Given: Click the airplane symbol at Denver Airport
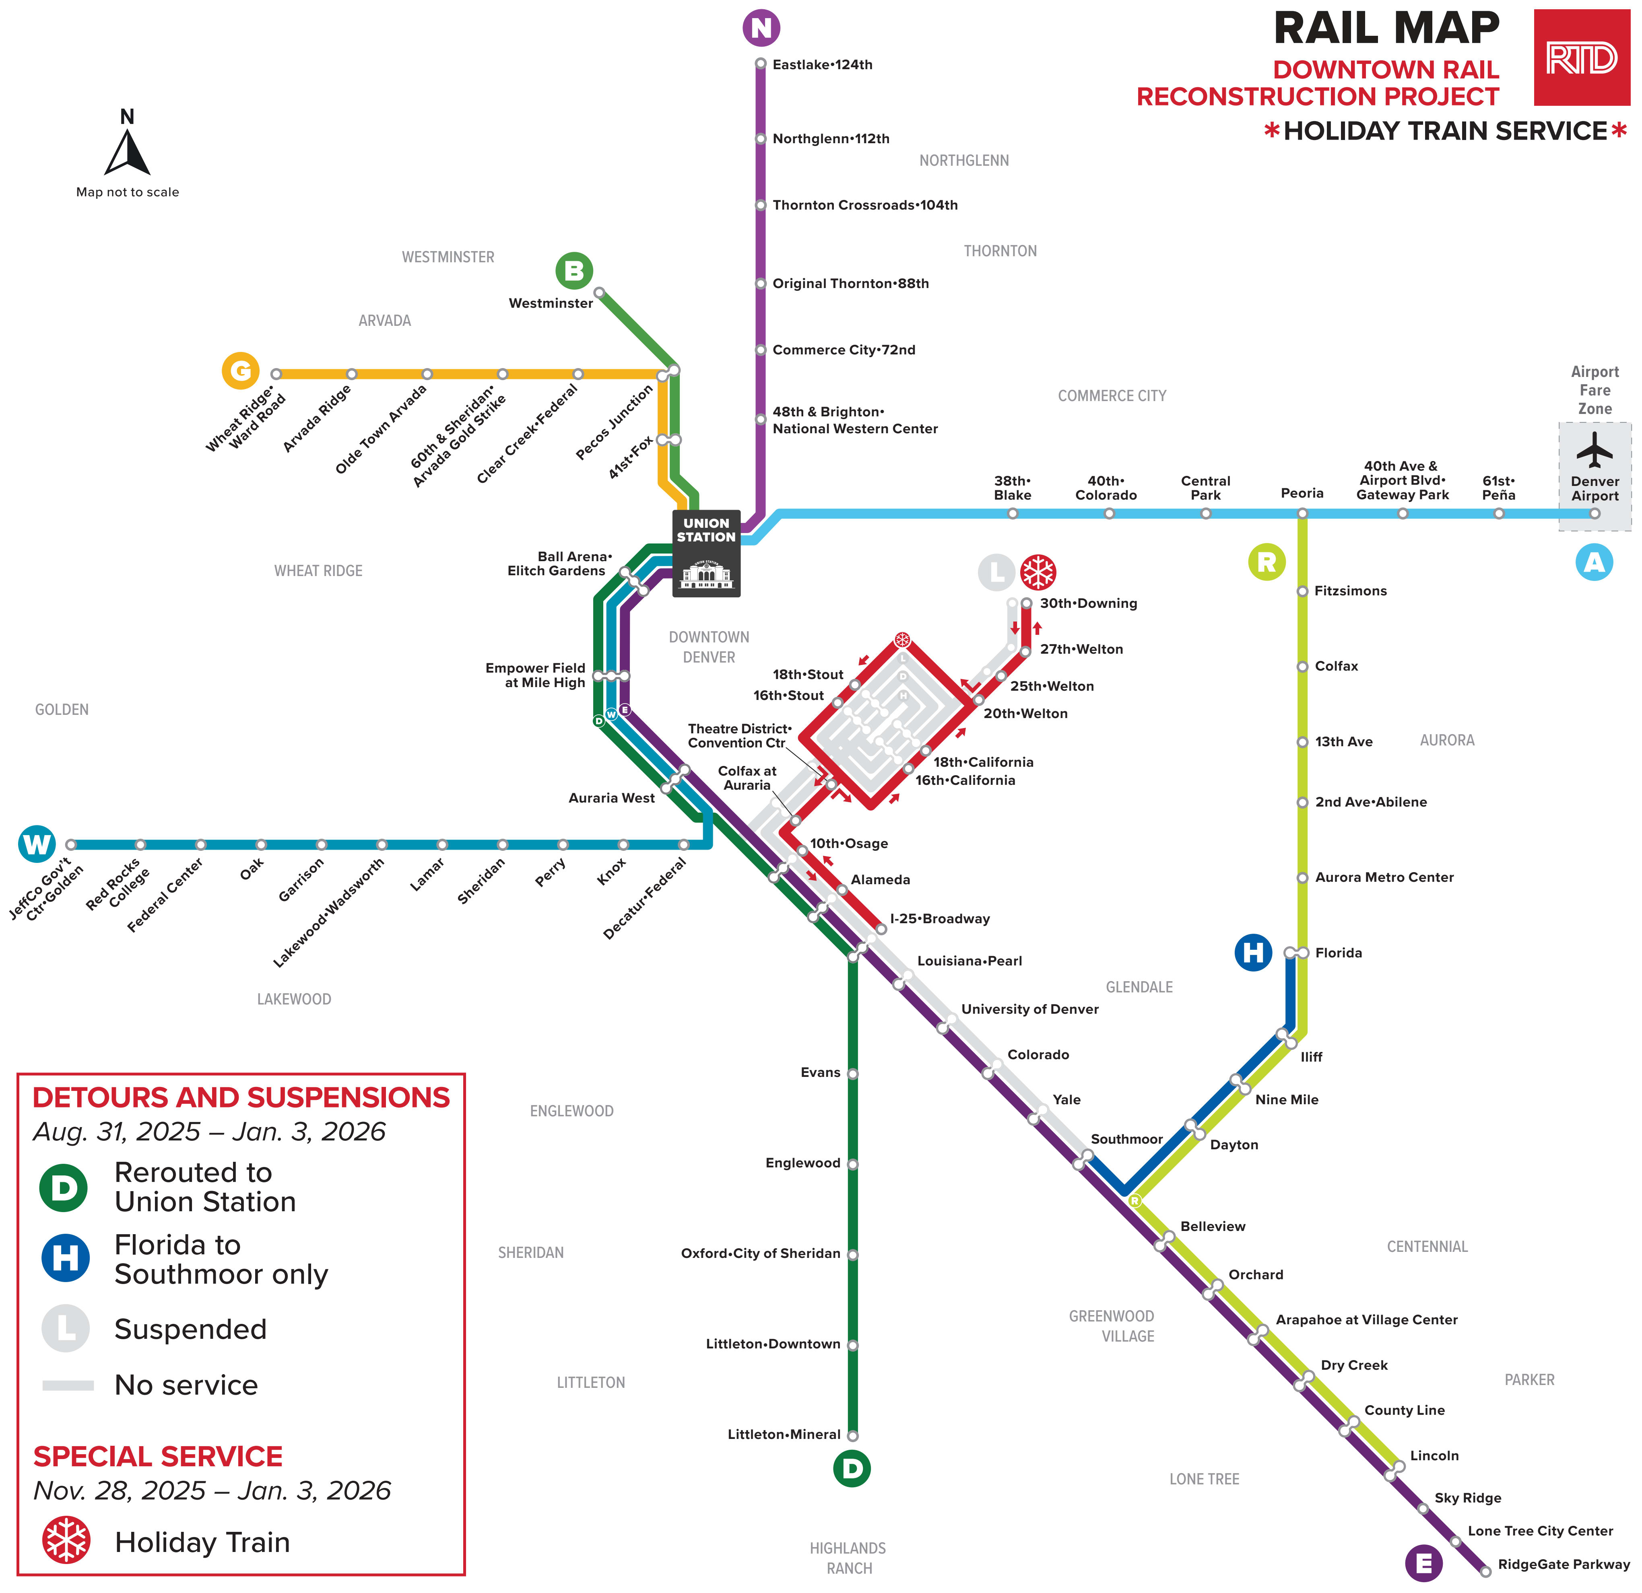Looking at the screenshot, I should tap(1594, 450).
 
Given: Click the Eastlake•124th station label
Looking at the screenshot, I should tap(822, 64).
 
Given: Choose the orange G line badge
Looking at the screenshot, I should tap(240, 370).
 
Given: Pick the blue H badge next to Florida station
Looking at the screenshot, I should tap(1253, 952).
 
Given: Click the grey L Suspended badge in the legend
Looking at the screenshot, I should tap(66, 1328).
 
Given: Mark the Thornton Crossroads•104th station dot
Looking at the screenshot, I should tap(761, 205).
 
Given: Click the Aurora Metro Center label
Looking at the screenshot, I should tap(1384, 877).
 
